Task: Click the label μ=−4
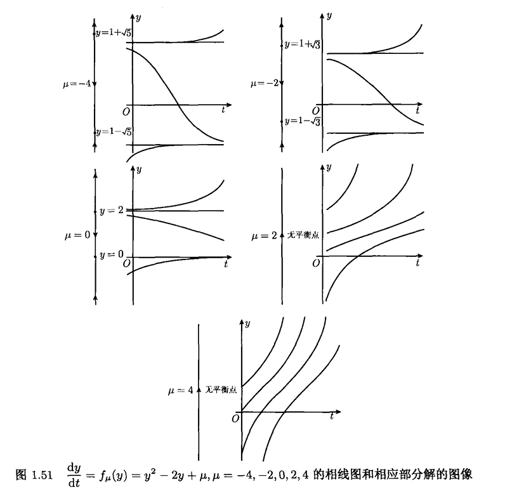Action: click(x=77, y=84)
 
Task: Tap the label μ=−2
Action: click(x=265, y=83)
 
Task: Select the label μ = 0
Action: click(x=77, y=235)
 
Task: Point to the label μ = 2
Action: click(x=264, y=236)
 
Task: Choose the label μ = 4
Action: click(x=181, y=390)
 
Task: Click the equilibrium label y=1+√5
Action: click(x=114, y=33)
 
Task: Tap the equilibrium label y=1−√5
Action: click(x=114, y=131)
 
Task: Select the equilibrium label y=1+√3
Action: click(x=303, y=44)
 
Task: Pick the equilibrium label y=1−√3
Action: click(x=303, y=121)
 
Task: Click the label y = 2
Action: click(x=112, y=211)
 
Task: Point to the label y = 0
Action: click(x=112, y=254)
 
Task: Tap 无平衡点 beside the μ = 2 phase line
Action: click(x=303, y=235)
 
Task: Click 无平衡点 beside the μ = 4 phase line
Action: click(x=221, y=390)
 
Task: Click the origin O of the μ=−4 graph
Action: click(x=126, y=112)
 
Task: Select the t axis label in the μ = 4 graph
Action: click(x=332, y=416)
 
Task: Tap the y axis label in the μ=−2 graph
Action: click(x=329, y=15)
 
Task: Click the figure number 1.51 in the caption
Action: click(x=42, y=475)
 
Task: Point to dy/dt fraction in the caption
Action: click(x=74, y=475)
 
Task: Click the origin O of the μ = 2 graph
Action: click(x=316, y=263)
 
